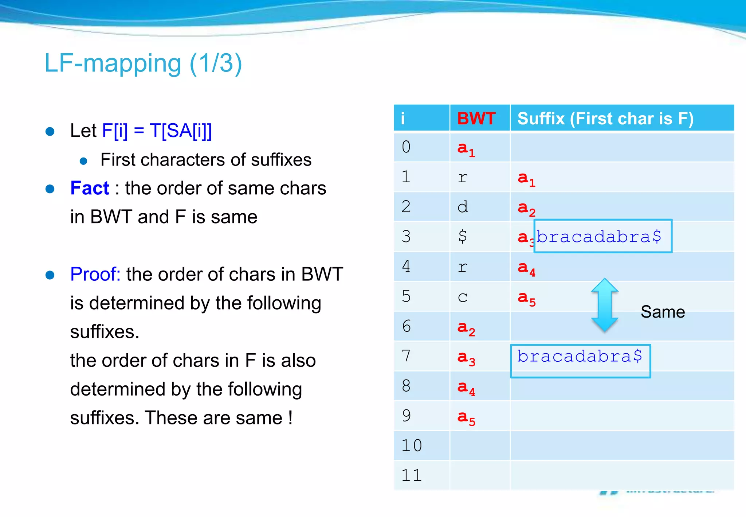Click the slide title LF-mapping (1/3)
pos(143,63)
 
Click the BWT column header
pos(476,118)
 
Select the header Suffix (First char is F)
pos(605,118)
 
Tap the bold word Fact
pos(90,188)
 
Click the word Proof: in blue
pos(95,274)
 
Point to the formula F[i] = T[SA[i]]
pos(157,131)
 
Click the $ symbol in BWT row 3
pos(463,236)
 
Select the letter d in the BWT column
pos(463,207)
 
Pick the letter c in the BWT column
pos(463,297)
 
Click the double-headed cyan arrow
pos(605,305)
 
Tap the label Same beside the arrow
pos(663,312)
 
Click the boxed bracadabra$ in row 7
pos(580,356)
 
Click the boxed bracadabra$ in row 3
pos(599,237)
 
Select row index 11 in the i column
pos(412,475)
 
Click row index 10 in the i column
pos(412,446)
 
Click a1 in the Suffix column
pos(526,178)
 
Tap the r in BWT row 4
pos(463,267)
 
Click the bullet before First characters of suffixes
pos(83,161)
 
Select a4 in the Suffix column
pos(526,268)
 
